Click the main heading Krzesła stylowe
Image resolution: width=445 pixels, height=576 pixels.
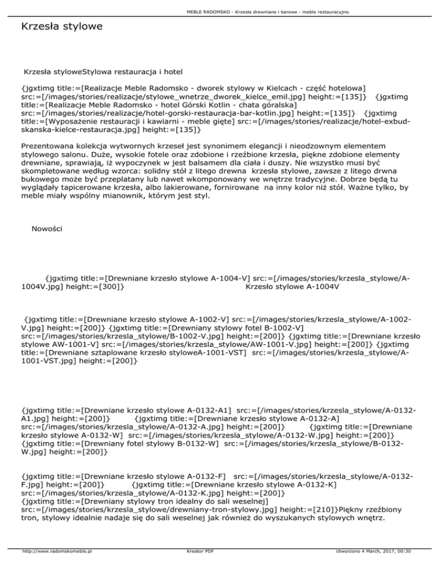[x=61, y=27]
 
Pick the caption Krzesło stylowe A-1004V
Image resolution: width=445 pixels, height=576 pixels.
[x=292, y=286]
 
